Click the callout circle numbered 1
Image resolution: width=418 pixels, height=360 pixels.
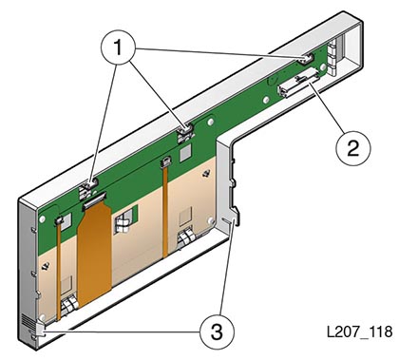[x=119, y=47]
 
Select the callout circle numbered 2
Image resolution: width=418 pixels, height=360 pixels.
[x=352, y=148]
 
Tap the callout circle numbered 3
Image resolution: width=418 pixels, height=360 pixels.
[x=217, y=332]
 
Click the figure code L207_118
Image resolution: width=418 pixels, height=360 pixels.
[x=359, y=332]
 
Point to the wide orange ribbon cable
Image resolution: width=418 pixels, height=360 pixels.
[x=95, y=255]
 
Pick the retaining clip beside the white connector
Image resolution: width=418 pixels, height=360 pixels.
[x=306, y=58]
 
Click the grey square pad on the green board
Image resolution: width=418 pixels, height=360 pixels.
[x=186, y=154]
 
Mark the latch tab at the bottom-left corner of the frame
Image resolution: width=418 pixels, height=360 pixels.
[x=41, y=331]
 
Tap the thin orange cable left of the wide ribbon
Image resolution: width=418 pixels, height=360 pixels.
[x=60, y=268]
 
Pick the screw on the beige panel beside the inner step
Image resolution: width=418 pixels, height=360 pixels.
[x=207, y=173]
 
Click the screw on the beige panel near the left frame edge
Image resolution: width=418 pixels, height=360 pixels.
[x=46, y=266]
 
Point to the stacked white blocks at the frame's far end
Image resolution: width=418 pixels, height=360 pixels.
[x=332, y=58]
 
